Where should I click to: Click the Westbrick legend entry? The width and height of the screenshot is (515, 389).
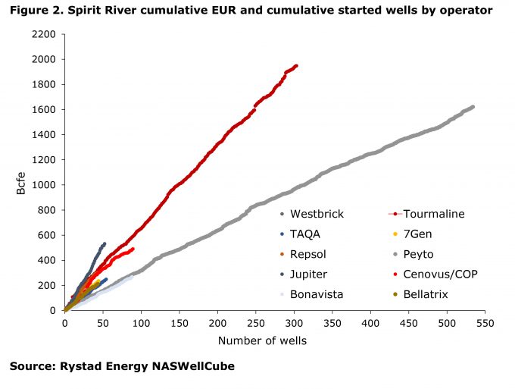[x=317, y=214]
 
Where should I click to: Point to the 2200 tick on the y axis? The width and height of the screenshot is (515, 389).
[x=45, y=35]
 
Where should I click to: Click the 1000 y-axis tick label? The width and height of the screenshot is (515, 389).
[x=45, y=185]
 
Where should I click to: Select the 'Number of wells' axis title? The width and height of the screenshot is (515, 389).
[x=263, y=340]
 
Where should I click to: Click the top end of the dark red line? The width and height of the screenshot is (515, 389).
[x=296, y=65]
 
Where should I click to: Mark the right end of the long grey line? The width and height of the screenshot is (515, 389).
[x=473, y=107]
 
